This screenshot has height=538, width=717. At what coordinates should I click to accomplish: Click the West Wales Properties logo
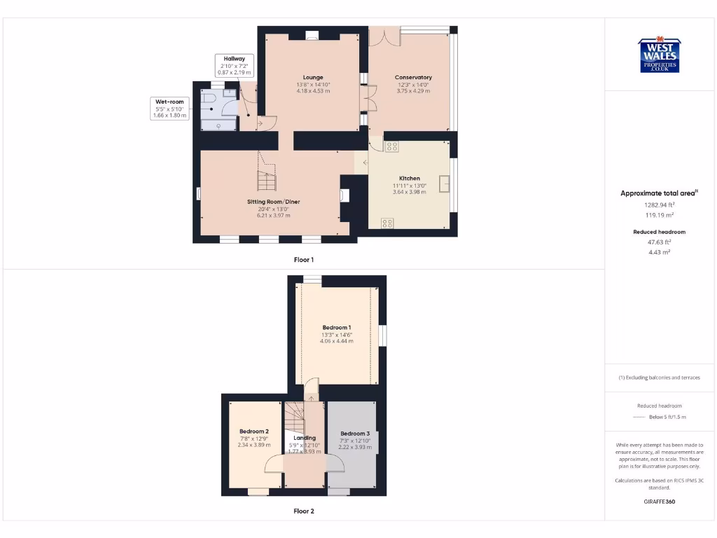[x=659, y=55]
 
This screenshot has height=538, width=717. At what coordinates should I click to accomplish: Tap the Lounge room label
[x=313, y=77]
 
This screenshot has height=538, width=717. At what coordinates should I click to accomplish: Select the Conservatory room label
[x=413, y=77]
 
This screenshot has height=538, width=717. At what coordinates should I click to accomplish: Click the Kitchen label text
[x=410, y=179]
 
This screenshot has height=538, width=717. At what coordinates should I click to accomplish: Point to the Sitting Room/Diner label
[x=273, y=202]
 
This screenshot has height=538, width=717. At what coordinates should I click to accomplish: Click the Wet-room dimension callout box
[x=169, y=109]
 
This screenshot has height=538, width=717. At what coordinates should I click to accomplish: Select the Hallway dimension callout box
[x=234, y=65]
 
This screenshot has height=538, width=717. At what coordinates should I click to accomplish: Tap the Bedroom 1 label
[x=337, y=327]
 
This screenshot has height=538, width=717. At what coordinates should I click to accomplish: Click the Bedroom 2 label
[x=253, y=432]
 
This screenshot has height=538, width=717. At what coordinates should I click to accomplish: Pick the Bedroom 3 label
[x=354, y=434]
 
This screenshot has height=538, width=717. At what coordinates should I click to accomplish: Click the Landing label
[x=305, y=438]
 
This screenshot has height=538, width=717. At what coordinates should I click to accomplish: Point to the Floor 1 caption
[x=304, y=260]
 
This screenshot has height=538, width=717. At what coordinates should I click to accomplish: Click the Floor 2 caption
[x=304, y=511]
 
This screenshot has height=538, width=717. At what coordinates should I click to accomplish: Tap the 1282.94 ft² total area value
[x=659, y=205]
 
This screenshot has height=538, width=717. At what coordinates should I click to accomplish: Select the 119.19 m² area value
[x=659, y=216]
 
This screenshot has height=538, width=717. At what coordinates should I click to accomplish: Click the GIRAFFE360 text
[x=659, y=502]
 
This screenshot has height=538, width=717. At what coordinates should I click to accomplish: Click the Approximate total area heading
[x=658, y=193]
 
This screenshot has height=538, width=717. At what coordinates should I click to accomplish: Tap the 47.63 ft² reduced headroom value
[x=659, y=242]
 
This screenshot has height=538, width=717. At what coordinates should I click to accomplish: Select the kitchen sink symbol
[x=444, y=183]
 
